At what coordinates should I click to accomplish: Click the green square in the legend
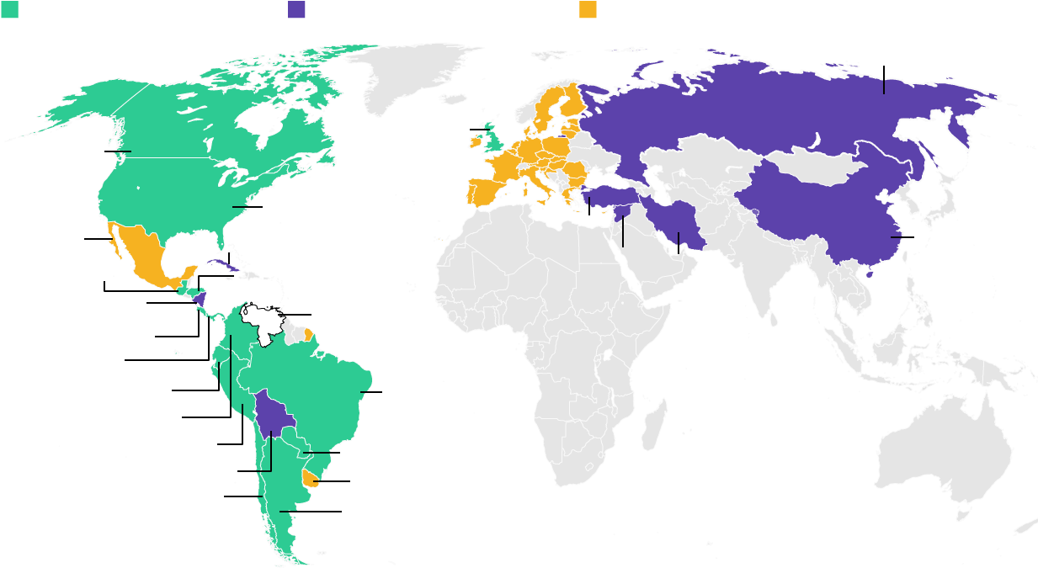coord(10,9)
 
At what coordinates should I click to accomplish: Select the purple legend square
coord(296,9)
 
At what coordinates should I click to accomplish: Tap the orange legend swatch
coord(588,9)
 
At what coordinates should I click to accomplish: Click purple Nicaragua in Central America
coord(200,298)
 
